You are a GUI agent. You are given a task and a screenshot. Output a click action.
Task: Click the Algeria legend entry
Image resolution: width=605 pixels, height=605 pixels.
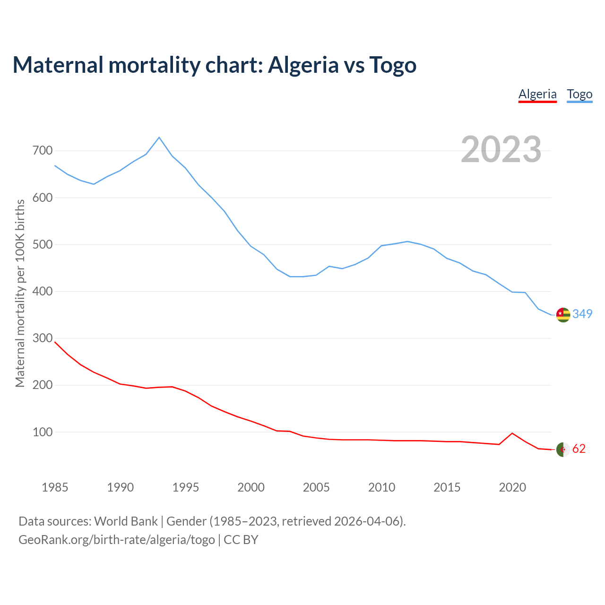537,94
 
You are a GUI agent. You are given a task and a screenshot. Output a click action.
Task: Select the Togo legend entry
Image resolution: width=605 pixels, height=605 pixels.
579,94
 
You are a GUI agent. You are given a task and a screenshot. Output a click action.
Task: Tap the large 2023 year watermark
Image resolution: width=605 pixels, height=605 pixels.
501,149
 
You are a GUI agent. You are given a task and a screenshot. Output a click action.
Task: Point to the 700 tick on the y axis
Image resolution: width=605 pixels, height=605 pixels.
43,151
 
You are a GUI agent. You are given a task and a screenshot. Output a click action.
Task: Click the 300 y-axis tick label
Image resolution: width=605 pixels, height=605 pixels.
43,338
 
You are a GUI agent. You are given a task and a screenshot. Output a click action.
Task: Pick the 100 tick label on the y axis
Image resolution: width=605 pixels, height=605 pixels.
43,432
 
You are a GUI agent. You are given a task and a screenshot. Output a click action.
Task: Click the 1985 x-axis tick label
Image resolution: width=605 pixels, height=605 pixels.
55,487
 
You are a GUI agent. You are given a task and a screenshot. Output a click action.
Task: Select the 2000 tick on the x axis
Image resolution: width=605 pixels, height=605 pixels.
251,487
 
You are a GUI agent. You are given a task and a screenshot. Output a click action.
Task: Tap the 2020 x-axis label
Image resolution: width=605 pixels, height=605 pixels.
512,487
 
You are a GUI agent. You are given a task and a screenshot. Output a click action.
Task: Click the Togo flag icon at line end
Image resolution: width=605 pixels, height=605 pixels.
563,315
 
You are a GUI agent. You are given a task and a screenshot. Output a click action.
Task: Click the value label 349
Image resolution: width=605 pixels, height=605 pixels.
582,314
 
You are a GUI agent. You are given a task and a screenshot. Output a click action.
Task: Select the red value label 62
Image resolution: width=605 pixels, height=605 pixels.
579,449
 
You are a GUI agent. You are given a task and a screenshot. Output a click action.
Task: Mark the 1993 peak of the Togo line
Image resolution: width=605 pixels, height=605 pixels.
159,138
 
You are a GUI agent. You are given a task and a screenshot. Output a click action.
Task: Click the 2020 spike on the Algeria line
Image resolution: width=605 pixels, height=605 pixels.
512,433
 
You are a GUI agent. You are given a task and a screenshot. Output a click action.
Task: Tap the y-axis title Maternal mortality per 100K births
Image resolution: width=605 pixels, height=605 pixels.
20,293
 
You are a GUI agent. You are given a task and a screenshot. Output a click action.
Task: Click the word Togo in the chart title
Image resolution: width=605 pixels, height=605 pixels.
393,65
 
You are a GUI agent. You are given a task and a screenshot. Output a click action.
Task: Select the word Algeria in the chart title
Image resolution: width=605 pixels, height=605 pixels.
303,65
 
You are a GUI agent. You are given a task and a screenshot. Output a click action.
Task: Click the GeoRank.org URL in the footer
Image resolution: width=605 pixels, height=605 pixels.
117,539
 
